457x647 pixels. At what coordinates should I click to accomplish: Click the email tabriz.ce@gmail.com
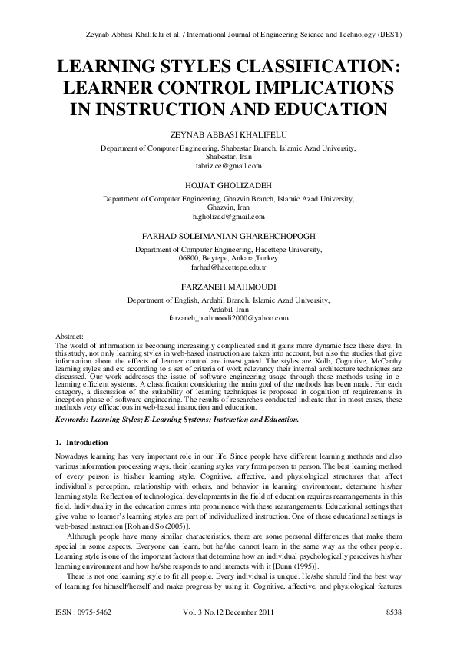pos(228,166)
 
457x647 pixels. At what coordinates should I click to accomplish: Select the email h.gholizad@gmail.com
pos(228,218)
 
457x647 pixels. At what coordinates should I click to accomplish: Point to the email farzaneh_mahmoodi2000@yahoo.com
pos(228,317)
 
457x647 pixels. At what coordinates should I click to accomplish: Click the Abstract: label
pos(71,337)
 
